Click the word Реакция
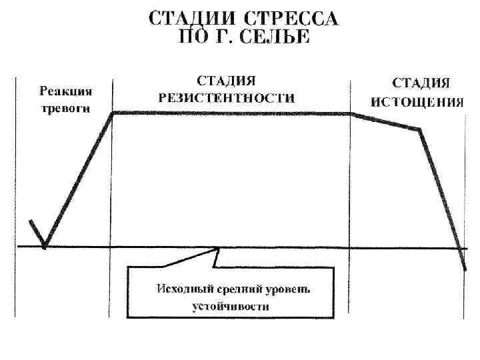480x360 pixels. pos(66,91)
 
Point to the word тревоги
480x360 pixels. pos(65,108)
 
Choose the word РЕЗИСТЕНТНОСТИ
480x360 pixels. pos(227,97)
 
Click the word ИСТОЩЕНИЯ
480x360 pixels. pos(417,102)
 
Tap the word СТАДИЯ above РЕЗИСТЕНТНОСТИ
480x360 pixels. pos(227,81)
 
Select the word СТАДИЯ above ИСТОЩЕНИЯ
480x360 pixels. pos(420,83)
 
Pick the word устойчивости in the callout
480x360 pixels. pos(230,306)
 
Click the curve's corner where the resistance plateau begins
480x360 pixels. pos(113,113)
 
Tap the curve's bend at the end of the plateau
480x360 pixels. pos(350,114)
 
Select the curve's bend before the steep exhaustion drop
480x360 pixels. pos(419,129)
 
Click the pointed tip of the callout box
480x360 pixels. pos(219,249)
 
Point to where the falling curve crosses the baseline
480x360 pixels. pos(459,247)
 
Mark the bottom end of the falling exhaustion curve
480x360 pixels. pos(465,269)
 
